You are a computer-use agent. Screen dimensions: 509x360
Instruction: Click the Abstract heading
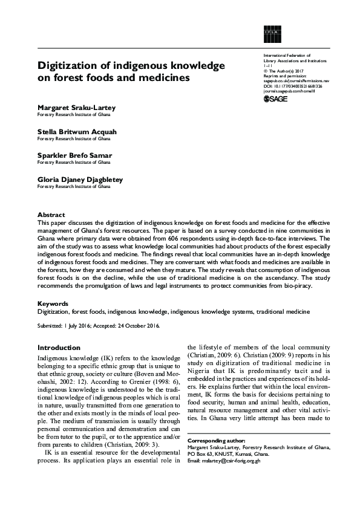(51, 215)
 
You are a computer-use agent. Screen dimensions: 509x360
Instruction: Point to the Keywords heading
(53, 303)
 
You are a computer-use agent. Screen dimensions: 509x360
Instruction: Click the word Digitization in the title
(68, 65)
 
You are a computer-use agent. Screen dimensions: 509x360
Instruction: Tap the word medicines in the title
(165, 78)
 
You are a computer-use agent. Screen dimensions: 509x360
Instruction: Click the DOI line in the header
(293, 86)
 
